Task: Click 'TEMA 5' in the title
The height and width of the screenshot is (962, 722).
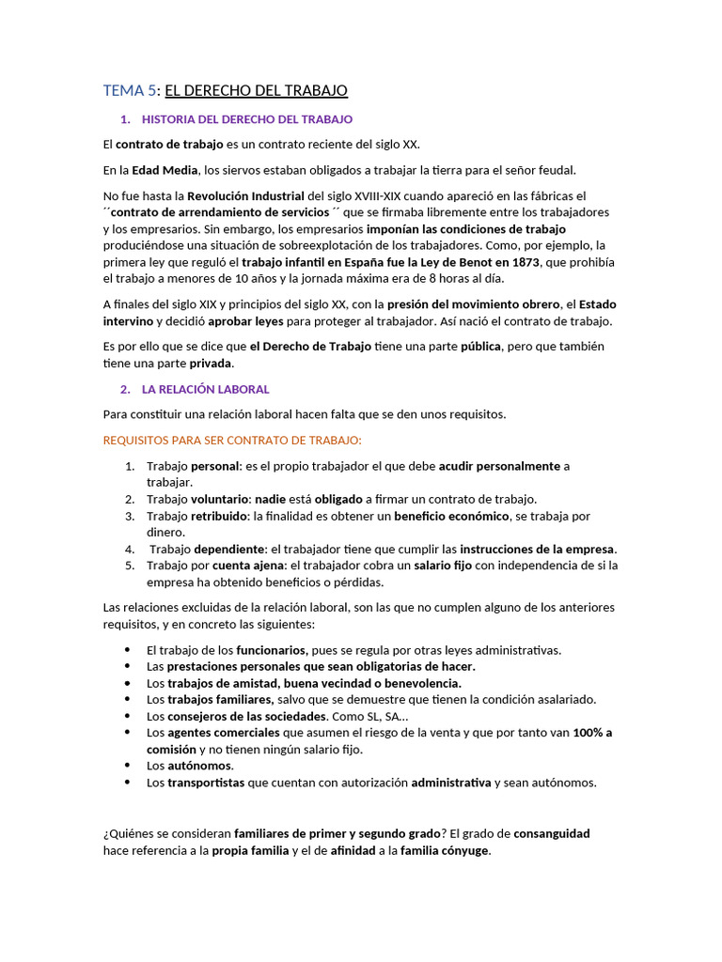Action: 129,90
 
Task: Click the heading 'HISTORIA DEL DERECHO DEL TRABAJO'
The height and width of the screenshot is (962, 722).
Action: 246,119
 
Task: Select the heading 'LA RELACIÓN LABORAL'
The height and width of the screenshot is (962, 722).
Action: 205,389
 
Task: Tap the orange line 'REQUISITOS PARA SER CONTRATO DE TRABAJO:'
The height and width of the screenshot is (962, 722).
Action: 232,440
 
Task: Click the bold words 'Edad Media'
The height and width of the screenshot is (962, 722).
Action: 165,170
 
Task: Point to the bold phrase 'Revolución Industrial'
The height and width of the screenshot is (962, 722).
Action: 246,195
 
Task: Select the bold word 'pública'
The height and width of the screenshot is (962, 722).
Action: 480,347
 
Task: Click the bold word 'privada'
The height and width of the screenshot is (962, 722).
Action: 211,364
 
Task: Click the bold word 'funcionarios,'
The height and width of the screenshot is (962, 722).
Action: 272,650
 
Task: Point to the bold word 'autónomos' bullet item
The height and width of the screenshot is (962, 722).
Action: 199,766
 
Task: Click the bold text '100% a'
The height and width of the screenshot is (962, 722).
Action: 592,733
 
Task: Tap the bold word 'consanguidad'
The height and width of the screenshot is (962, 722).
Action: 552,833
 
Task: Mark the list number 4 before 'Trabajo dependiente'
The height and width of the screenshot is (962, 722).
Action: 129,549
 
